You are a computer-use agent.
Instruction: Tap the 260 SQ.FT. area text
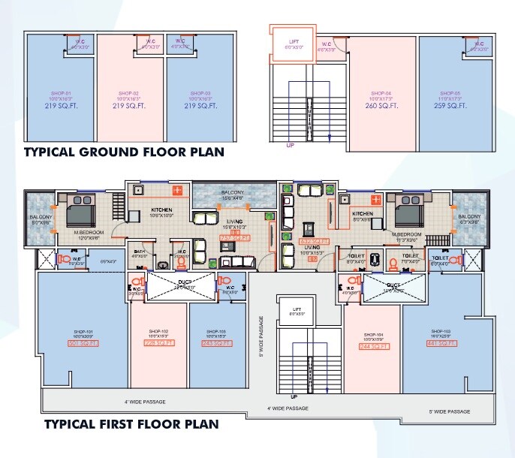[x=382, y=106]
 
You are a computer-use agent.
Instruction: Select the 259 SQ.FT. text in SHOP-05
[x=450, y=106]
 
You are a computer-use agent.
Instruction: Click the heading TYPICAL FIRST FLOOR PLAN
[x=131, y=423]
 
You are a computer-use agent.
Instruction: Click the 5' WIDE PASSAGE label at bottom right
[x=449, y=411]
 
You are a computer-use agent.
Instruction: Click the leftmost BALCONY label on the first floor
[x=42, y=219]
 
